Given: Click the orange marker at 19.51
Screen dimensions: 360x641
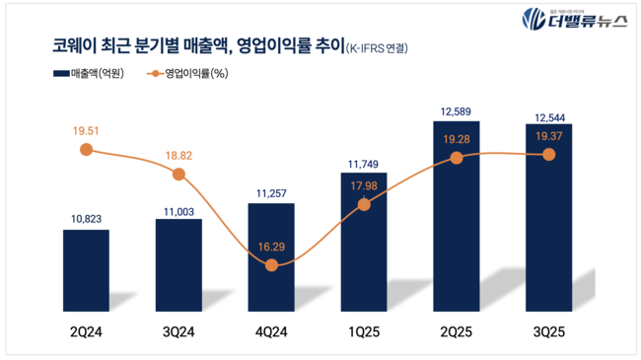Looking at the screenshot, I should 86,149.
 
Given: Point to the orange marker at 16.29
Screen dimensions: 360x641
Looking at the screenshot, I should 271,265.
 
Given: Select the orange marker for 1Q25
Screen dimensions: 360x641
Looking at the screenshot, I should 364,204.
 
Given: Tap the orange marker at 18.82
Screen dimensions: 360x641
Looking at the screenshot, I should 178,175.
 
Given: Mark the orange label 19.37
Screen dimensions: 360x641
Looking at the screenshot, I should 548,136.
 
